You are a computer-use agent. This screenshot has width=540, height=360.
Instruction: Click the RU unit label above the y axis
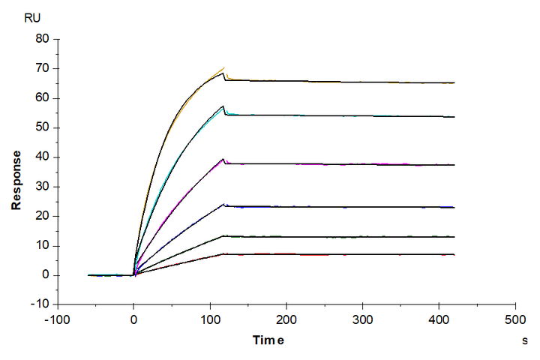(33, 19)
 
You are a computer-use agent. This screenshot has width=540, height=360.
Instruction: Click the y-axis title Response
(16, 179)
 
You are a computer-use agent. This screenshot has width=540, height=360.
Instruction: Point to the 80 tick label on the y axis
(43, 38)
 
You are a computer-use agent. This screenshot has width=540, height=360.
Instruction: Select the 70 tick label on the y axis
(43, 68)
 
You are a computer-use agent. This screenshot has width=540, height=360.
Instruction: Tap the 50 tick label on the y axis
(43, 127)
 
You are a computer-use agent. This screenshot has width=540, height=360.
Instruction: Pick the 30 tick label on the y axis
(43, 187)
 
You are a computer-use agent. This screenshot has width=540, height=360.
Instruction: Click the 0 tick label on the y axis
(46, 275)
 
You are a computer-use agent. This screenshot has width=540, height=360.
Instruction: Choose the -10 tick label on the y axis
(40, 304)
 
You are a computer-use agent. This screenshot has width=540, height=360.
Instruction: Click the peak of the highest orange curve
(223, 68)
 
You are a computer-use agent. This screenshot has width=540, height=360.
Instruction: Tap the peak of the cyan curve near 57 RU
(223, 106)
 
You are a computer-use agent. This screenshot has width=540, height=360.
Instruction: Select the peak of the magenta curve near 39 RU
(223, 159)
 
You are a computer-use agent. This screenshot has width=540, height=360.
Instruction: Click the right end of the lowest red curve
(454, 255)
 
